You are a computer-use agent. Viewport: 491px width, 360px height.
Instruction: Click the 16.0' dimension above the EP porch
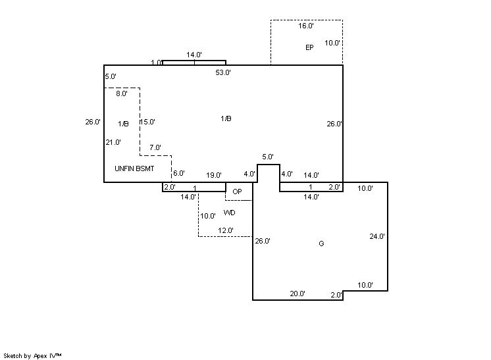tap(306, 26)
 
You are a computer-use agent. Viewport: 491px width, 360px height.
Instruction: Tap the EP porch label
tap(309, 47)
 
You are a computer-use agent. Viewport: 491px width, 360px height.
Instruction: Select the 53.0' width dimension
tap(223, 73)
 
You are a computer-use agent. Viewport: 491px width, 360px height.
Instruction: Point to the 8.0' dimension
tap(122, 94)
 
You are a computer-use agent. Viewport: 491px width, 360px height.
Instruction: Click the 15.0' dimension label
tap(147, 122)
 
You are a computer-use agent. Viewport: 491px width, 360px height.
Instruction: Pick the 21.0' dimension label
tap(113, 142)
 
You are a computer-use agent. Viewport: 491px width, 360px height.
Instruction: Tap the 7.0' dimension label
tap(155, 147)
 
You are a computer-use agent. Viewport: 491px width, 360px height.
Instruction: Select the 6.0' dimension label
tap(178, 174)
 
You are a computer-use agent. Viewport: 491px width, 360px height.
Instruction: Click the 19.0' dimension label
tap(213, 175)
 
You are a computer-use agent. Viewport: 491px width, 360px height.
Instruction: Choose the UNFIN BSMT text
tap(134, 168)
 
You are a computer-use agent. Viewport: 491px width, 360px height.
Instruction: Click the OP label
tap(238, 192)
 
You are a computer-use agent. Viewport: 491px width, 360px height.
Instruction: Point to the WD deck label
tap(230, 213)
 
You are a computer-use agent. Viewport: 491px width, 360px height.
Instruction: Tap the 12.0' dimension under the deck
tap(226, 230)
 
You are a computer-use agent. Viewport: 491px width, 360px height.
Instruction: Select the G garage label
tap(321, 244)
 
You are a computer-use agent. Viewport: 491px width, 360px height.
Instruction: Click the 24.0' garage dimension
tap(377, 236)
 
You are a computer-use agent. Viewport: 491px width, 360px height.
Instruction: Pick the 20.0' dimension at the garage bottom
tap(297, 294)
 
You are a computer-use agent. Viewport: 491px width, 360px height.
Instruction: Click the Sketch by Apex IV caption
tap(32, 355)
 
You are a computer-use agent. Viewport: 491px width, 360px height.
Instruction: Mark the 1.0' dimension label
tap(156, 63)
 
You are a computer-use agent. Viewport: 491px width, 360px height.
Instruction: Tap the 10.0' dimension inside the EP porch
tap(332, 43)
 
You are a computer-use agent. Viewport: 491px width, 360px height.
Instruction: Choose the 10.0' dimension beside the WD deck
tap(208, 216)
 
